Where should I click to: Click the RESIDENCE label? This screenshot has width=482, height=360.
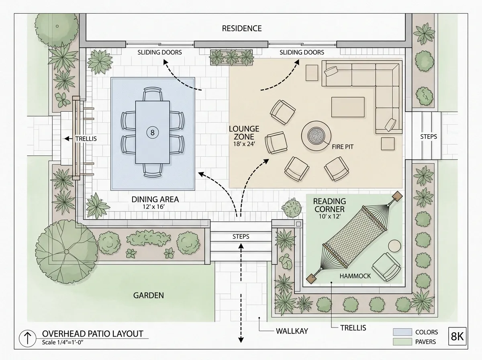click(242, 29)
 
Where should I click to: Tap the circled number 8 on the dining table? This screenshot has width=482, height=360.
click(152, 133)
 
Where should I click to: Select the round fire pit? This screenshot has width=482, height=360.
click(316, 136)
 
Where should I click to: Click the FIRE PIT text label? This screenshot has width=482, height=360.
click(343, 147)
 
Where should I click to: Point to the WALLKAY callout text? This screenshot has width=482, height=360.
click(292, 331)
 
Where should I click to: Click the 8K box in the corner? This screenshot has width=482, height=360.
click(457, 336)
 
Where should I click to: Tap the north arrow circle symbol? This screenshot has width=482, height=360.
click(27, 338)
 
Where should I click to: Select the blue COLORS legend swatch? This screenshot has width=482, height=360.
click(402, 332)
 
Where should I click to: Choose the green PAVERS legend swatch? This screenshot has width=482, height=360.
click(402, 342)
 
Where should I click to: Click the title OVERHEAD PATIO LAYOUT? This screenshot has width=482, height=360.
click(92, 334)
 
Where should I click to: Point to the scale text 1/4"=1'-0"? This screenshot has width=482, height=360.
click(63, 342)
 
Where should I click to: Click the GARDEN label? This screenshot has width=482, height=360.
click(149, 295)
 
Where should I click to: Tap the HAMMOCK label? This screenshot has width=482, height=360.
click(355, 276)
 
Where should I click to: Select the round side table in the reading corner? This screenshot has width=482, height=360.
click(394, 246)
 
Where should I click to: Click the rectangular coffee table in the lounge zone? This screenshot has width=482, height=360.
click(348, 107)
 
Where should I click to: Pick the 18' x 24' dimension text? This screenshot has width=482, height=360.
click(244, 144)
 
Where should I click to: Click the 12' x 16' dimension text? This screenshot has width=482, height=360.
click(153, 207)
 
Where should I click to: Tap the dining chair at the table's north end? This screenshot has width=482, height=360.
click(153, 94)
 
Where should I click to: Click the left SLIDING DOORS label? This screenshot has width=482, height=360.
click(159, 52)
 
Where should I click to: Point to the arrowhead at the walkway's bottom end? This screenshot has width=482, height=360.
click(241, 340)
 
